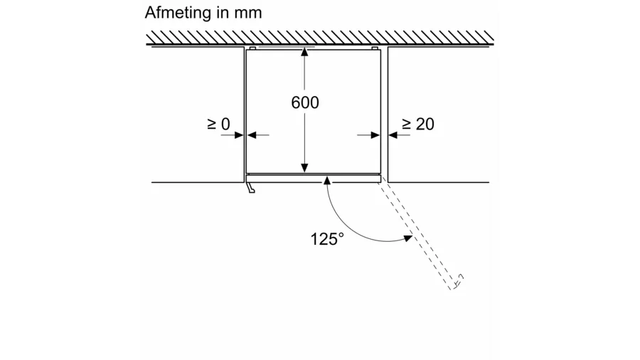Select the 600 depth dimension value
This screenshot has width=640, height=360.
[305, 102]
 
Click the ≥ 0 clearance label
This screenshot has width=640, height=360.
[218, 124]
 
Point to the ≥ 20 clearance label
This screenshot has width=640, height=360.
[417, 124]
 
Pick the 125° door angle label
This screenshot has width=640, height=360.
[327, 239]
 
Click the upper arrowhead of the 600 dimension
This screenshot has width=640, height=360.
[305, 52]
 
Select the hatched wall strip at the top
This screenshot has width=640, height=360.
[320, 37]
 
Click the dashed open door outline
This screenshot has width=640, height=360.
[420, 235]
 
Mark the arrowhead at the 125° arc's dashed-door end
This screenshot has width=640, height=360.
[408, 238]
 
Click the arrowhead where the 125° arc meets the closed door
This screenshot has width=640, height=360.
[327, 181]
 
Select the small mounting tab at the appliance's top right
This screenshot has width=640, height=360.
[375, 48]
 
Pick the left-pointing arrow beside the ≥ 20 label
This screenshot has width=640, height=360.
[395, 134]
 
